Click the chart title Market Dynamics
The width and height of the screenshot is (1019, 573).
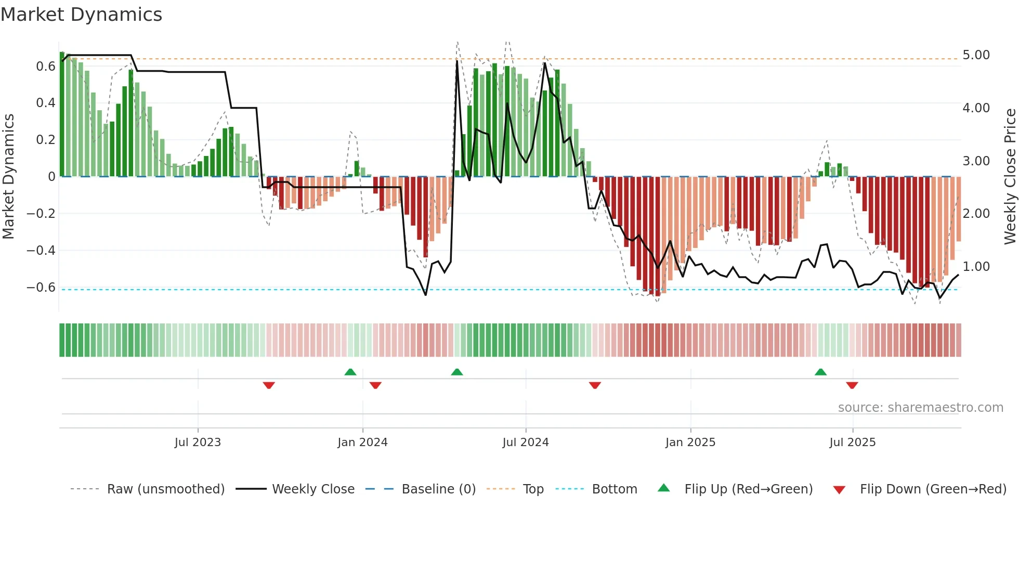(81, 15)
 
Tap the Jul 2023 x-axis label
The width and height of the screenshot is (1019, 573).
(198, 442)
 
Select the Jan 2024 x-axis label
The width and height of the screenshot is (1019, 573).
(362, 442)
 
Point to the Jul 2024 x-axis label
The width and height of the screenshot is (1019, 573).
(525, 442)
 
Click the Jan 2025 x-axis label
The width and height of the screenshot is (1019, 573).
(690, 442)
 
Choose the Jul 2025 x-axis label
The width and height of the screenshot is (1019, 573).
(852, 442)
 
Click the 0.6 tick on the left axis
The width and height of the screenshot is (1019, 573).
(46, 67)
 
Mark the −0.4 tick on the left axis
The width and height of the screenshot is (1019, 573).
(41, 251)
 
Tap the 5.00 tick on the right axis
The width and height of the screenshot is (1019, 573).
(976, 55)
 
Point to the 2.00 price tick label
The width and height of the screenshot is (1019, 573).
(976, 214)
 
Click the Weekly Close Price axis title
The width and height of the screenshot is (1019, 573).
(1010, 177)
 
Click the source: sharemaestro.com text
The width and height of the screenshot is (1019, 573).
(920, 408)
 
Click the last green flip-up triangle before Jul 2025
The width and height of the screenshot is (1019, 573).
(820, 372)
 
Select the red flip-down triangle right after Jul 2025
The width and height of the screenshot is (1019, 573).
(852, 385)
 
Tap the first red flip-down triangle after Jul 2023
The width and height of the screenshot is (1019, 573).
(269, 385)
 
